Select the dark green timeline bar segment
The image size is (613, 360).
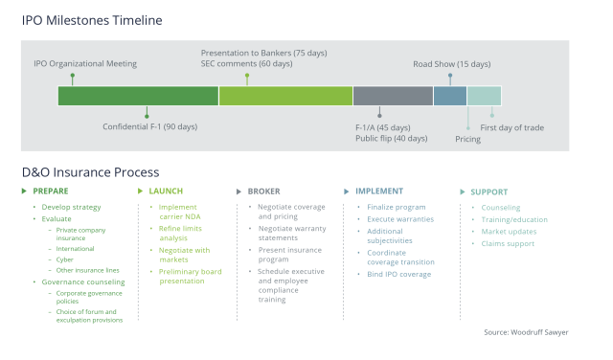pos(138,96)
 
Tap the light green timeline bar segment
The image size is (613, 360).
pos(285,96)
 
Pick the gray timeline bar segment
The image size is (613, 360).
pos(393,96)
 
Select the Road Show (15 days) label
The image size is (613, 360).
pos(451,64)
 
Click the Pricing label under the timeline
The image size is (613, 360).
pos(467,139)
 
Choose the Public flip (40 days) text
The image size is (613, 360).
pos(391,139)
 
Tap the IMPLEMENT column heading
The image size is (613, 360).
pos(378,191)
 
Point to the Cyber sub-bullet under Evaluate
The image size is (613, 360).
pos(66,258)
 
